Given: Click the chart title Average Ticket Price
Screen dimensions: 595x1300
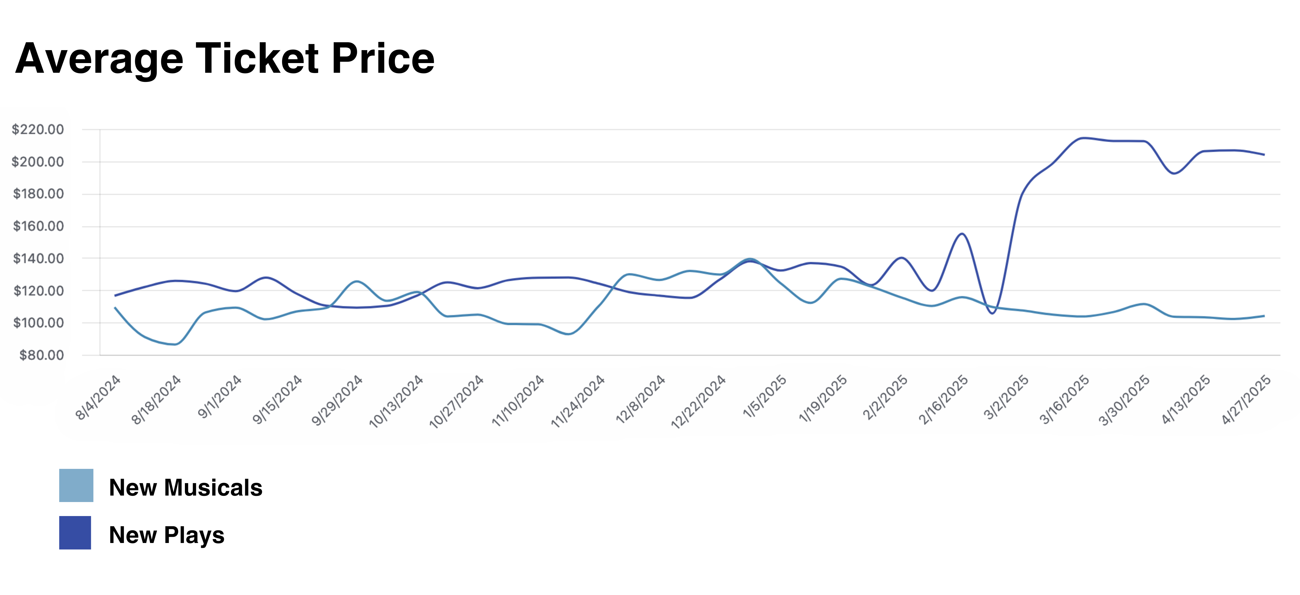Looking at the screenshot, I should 224,58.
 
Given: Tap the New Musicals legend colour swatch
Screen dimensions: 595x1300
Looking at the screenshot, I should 76,485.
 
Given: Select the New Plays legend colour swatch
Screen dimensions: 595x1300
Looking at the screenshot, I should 75,532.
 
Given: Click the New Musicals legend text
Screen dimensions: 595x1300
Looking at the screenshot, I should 185,487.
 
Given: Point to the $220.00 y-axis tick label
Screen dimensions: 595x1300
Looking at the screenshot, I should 38,130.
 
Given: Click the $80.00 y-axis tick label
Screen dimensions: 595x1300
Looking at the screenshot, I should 41,355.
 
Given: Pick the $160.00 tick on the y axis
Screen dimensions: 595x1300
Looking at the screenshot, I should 38,226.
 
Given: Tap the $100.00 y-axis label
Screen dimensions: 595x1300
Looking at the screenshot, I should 38,323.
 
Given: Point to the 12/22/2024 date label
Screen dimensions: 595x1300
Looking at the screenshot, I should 698,402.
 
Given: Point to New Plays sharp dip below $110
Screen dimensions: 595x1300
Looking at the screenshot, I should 992,313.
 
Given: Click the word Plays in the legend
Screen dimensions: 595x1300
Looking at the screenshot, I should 194,535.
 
